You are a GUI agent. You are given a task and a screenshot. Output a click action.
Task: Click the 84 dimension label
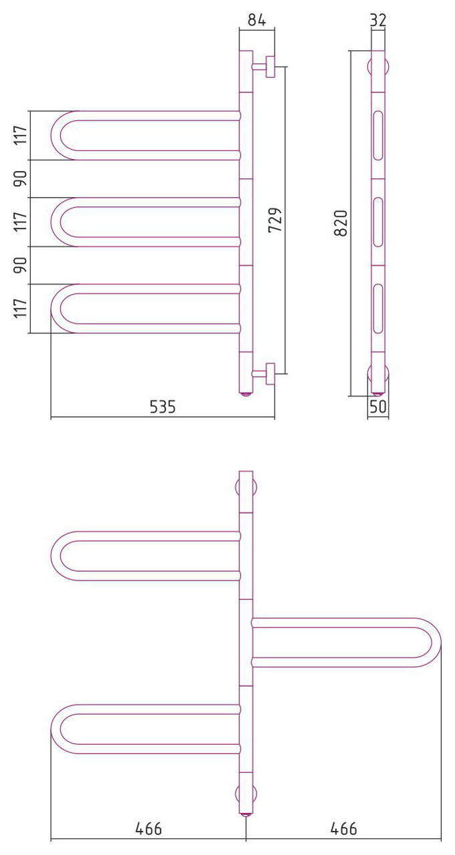point(257,19)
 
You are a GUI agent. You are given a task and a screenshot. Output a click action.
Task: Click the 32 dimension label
point(378,19)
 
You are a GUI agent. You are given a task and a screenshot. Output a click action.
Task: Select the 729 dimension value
point(275,220)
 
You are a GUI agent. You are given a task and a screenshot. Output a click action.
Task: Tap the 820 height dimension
point(341,223)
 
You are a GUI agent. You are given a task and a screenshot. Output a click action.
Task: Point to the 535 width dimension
point(162,407)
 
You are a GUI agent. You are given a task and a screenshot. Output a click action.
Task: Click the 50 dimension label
point(378,407)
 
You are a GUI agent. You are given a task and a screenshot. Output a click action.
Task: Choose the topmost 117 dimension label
point(21,135)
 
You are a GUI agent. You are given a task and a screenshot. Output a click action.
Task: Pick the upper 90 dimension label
point(21,178)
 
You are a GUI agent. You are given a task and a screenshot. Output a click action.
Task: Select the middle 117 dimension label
point(21,221)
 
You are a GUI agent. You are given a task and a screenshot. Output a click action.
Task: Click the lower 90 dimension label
point(21,265)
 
